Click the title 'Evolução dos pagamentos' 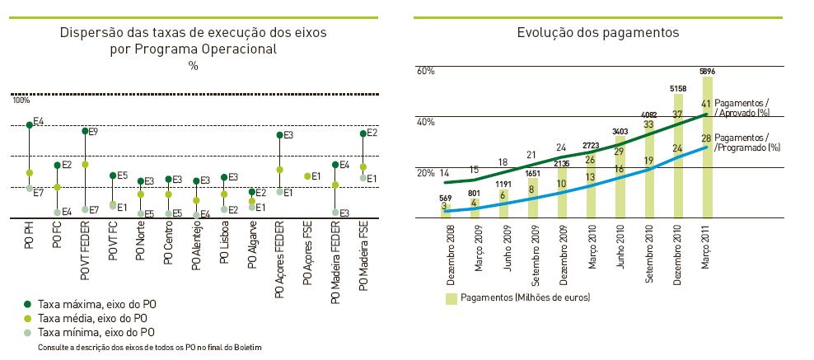click(597, 34)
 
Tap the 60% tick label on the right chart click(425, 72)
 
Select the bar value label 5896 click(706, 71)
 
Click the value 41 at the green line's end click(706, 104)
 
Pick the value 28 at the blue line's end click(706, 138)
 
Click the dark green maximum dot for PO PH click(29, 124)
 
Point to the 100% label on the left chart click(21, 101)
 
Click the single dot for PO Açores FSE click(307, 176)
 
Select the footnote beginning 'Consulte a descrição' click(149, 348)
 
